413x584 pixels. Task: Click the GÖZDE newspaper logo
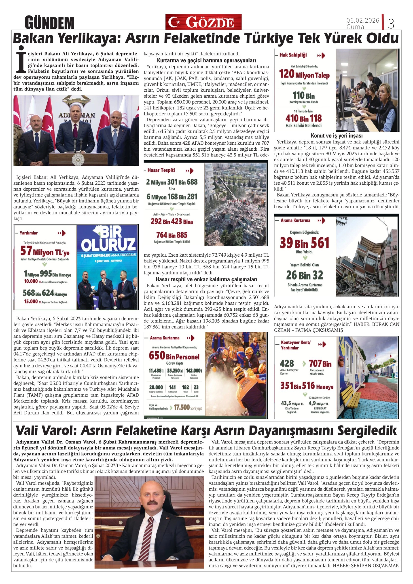pyautogui.click(x=203, y=22)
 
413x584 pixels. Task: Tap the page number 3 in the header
pyautogui.click(x=391, y=24)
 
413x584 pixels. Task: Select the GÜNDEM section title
pyautogui.click(x=49, y=23)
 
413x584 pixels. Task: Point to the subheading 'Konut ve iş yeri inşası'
pyautogui.click(x=336, y=136)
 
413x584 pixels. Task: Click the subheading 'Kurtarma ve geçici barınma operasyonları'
pyautogui.click(x=206, y=61)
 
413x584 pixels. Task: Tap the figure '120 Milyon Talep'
pyautogui.click(x=304, y=74)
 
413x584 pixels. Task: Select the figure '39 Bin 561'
pyautogui.click(x=304, y=243)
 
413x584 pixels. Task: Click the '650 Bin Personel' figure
pyautogui.click(x=174, y=356)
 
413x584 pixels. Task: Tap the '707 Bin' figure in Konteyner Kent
pyautogui.click(x=320, y=364)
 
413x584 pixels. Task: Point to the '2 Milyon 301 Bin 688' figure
pyautogui.click(x=172, y=182)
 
